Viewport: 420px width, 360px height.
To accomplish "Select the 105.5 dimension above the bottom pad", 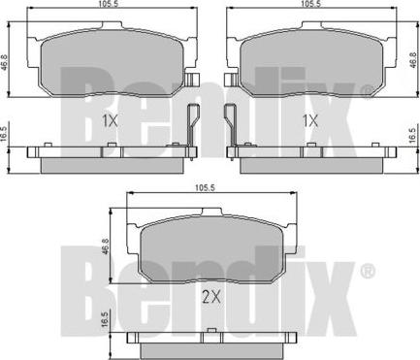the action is pos(205,188).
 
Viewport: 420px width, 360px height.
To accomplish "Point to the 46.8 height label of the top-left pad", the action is pos(4,58).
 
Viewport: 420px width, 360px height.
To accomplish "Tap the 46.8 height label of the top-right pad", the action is pos(413,59).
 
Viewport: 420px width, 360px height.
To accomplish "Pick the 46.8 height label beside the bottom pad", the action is pos(104,246).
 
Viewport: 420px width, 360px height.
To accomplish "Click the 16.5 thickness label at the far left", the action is pos(4,134).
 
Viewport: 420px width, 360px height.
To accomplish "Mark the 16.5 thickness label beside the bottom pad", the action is pos(104,320).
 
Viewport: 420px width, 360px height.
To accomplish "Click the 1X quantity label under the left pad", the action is pos(110,121).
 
